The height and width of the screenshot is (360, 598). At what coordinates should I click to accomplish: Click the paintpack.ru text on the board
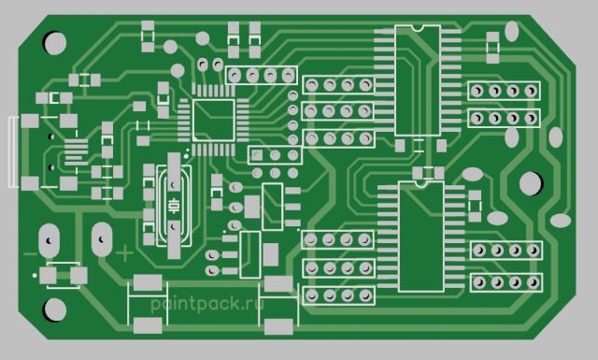(x=207, y=304)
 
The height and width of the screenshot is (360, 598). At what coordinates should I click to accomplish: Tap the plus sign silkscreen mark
(x=124, y=253)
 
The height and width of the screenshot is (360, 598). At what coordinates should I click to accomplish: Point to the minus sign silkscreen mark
(x=31, y=254)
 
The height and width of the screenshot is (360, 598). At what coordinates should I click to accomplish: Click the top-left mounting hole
(x=55, y=43)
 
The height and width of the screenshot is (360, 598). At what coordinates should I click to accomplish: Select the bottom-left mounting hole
(x=55, y=310)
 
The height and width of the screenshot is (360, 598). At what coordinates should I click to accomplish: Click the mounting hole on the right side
(x=531, y=183)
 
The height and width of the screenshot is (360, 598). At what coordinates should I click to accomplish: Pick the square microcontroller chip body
(x=214, y=121)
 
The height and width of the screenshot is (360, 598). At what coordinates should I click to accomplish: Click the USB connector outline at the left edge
(x=13, y=151)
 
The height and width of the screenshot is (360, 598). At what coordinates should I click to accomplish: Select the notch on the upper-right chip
(x=418, y=28)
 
